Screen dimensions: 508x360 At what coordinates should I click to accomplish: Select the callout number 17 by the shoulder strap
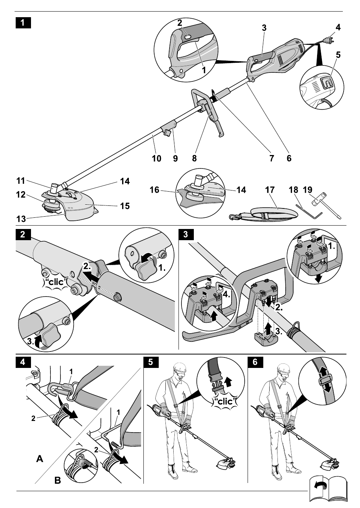pyautogui.click(x=270, y=190)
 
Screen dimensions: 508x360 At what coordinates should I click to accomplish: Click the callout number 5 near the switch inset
pyautogui.click(x=338, y=55)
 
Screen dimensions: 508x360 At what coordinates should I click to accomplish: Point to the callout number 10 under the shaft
pyautogui.click(x=156, y=158)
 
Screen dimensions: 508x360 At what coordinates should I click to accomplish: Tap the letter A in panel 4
pyautogui.click(x=39, y=459)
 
